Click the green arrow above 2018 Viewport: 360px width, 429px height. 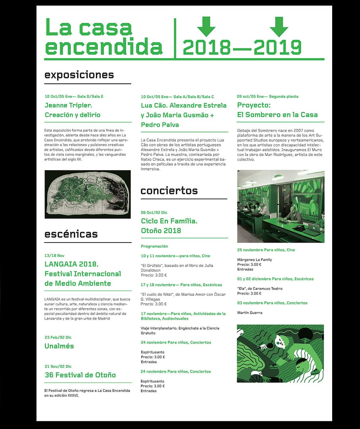[x=206, y=26]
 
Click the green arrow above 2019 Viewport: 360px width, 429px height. [x=279, y=26]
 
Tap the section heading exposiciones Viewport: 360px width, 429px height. [x=79, y=75]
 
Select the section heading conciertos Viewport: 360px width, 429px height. [x=169, y=190]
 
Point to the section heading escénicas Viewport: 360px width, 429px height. [x=71, y=234]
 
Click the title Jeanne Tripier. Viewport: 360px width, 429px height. [x=68, y=105]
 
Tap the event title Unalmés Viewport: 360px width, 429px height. [x=59, y=346]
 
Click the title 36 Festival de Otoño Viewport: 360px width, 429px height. [x=80, y=375]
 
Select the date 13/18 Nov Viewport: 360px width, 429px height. [x=54, y=255]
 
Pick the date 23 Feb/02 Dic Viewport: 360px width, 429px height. [x=58, y=337]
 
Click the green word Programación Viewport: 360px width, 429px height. [x=154, y=246]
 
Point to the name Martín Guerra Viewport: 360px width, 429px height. [x=250, y=313]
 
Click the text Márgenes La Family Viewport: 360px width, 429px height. [x=255, y=260]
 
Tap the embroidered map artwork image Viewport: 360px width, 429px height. [x=88, y=194]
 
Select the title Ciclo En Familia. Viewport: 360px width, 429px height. [x=169, y=221]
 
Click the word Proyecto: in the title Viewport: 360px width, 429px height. [x=254, y=105]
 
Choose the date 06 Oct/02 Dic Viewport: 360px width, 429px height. [x=154, y=213]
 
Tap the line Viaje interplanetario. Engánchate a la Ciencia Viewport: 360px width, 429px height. [x=180, y=328]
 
